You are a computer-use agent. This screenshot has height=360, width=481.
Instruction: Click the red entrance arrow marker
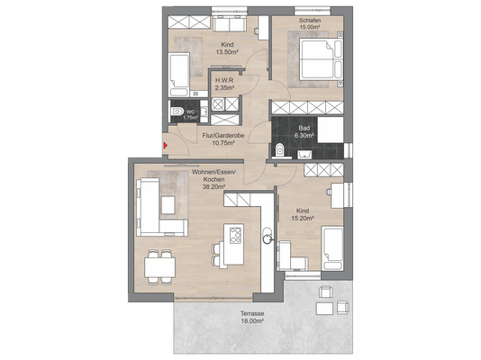click(166, 145)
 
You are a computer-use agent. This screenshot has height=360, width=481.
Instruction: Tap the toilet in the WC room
click(176, 111)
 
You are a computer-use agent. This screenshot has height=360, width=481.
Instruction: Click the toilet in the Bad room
click(279, 150)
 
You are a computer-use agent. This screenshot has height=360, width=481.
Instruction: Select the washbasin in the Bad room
click(304, 154)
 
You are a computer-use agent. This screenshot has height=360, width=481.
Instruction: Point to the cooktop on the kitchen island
click(236, 235)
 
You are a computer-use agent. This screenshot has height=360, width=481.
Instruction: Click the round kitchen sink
click(268, 238)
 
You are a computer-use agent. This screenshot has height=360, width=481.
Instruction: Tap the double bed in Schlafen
click(321, 58)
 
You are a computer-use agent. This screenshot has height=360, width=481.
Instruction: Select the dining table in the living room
click(159, 267)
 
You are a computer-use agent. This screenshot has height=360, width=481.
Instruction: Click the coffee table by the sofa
click(168, 204)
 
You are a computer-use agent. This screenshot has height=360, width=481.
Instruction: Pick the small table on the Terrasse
click(325, 308)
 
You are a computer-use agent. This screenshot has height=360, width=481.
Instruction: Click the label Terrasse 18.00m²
click(252, 318)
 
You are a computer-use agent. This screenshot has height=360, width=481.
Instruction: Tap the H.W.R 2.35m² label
click(224, 84)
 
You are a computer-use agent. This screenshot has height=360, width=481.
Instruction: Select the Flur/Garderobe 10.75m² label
click(223, 139)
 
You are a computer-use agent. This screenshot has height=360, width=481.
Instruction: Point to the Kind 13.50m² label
click(227, 48)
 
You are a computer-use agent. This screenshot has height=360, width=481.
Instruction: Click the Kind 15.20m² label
click(302, 214)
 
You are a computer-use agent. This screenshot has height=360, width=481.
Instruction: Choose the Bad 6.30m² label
click(304, 131)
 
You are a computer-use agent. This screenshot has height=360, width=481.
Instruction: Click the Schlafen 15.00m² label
click(310, 23)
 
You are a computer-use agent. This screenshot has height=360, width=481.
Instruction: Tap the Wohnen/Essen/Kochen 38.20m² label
click(213, 179)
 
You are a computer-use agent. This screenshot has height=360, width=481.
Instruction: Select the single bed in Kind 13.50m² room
click(179, 75)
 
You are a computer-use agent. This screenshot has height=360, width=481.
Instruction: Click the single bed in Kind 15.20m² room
click(332, 248)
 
